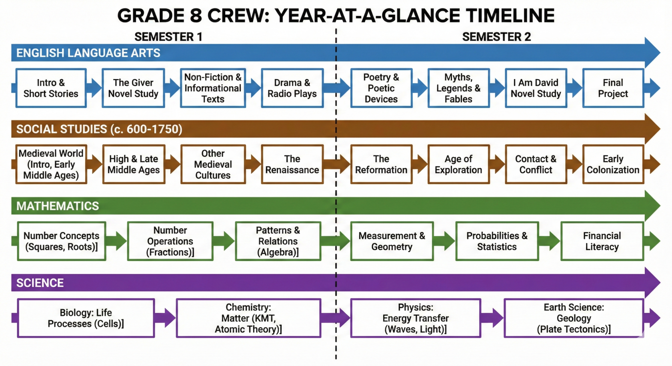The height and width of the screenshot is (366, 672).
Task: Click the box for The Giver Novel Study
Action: pyautogui.click(x=133, y=88)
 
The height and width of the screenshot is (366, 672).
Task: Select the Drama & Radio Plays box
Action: pyautogui.click(x=292, y=88)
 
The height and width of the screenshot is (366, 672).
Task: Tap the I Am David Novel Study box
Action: pyautogui.click(x=536, y=88)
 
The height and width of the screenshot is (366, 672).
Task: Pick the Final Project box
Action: pyautogui.click(x=613, y=88)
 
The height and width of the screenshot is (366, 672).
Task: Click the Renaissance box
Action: pyautogui.click(x=292, y=165)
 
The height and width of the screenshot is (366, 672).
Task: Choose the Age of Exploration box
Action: pyautogui.click(x=458, y=165)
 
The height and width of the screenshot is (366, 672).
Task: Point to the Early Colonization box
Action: pyautogui.click(x=613, y=165)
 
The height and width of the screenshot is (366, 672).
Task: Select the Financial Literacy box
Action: pyautogui.click(x=602, y=241)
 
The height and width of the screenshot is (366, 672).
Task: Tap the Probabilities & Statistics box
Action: pyautogui.click(x=497, y=241)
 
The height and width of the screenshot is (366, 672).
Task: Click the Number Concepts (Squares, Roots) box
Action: pyautogui.click(x=62, y=241)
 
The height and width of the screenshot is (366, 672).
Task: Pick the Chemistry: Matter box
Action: pyautogui.click(x=248, y=318)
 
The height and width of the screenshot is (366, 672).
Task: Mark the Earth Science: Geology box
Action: pyautogui.click(x=574, y=318)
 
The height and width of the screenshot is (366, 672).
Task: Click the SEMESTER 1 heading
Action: pyautogui.click(x=168, y=37)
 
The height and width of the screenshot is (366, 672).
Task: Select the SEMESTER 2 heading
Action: pyautogui.click(x=496, y=37)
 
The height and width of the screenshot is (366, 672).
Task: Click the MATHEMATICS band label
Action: pyautogui.click(x=58, y=206)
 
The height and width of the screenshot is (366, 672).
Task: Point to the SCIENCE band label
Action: pyautogui.click(x=40, y=283)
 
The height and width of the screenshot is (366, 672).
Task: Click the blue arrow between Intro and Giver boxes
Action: pyautogui.click(x=94, y=88)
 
